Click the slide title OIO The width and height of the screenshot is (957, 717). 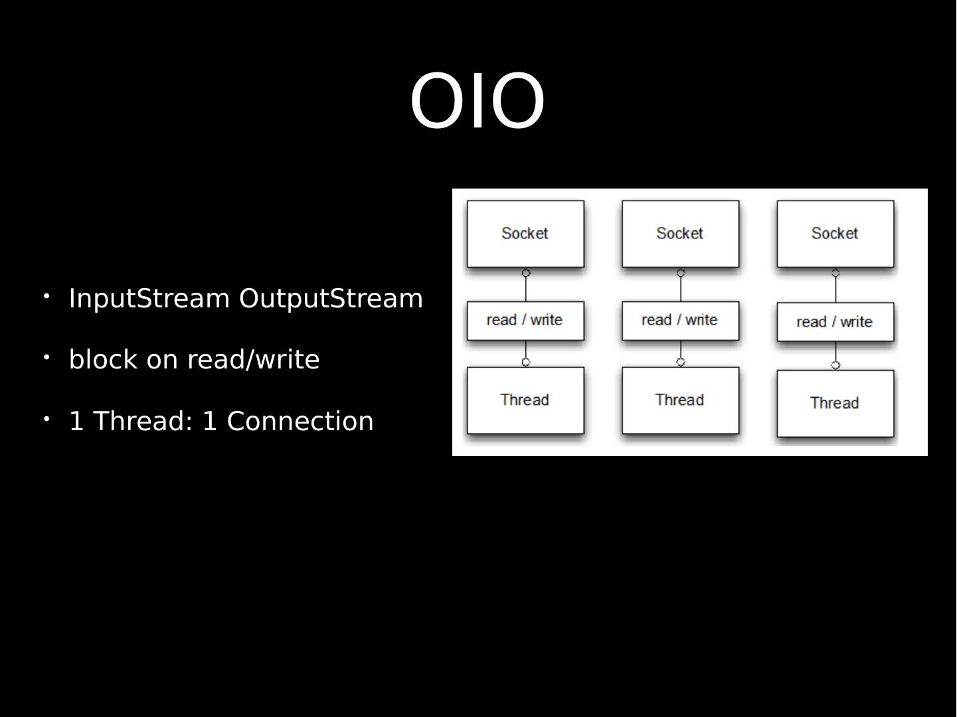pyautogui.click(x=477, y=102)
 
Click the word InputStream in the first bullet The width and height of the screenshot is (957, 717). pyautogui.click(x=149, y=299)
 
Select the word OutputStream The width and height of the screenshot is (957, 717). pyautogui.click(x=331, y=299)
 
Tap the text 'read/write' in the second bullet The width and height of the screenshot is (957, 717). pyautogui.click(x=253, y=360)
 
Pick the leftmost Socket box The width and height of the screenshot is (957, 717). pyautogui.click(x=525, y=234)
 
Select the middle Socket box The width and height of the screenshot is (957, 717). pyautogui.click(x=680, y=234)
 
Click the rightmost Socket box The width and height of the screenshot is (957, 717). pyautogui.click(x=835, y=234)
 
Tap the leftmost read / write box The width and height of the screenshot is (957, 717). pyautogui.click(x=525, y=321)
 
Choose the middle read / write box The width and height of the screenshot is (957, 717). pyautogui.click(x=680, y=321)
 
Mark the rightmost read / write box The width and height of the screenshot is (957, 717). pyautogui.click(x=835, y=323)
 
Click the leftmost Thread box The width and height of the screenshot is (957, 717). pyautogui.click(x=525, y=400)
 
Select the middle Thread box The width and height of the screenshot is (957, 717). pyautogui.click(x=680, y=400)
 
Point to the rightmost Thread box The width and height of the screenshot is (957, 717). pyautogui.click(x=835, y=403)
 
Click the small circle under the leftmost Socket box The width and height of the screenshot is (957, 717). pyautogui.click(x=526, y=273)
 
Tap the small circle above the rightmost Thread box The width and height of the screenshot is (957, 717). pyautogui.click(x=835, y=365)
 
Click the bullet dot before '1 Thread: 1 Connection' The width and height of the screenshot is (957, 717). pyautogui.click(x=47, y=418)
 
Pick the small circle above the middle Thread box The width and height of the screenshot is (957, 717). pyautogui.click(x=681, y=362)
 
